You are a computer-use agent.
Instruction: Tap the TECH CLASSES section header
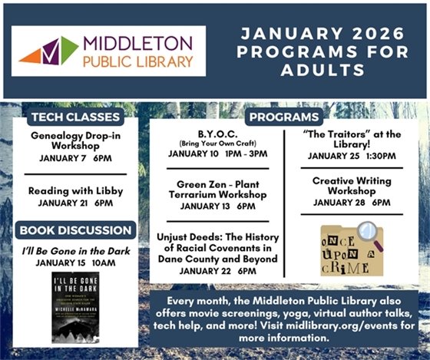74,117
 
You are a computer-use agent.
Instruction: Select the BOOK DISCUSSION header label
75,230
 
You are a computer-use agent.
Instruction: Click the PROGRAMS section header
283,117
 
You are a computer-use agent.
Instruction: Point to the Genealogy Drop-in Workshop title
75,140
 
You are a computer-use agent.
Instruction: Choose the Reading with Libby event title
75,191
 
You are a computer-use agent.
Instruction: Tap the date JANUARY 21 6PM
75,203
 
